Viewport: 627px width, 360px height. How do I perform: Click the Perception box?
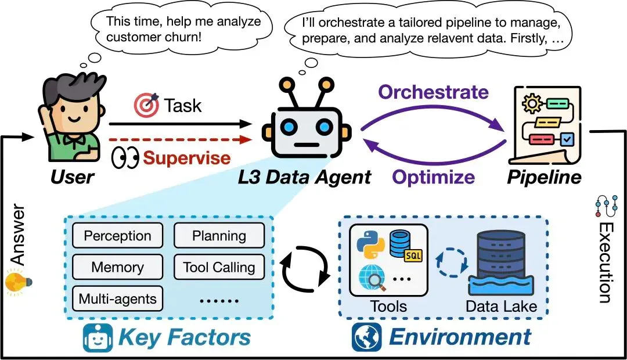pos(117,236)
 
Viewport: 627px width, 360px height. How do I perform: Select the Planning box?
pos(219,236)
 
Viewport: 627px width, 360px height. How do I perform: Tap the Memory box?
pos(117,267)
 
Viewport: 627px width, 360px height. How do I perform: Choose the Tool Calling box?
pos(219,267)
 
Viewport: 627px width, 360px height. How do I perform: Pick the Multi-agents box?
pos(117,298)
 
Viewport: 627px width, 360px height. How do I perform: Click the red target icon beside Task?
pos(146,105)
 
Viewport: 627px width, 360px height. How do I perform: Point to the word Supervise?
pos(187,157)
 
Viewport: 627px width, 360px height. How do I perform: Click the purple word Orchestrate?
pos(434,92)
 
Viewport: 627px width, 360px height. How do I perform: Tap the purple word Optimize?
pos(434,177)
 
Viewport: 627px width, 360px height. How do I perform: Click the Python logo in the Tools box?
pos(370,244)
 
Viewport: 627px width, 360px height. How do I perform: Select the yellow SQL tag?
pos(413,255)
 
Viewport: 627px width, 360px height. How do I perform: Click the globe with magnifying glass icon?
pos(373,278)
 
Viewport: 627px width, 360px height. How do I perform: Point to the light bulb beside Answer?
pos(17,282)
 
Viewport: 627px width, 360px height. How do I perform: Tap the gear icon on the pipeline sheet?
pos(532,104)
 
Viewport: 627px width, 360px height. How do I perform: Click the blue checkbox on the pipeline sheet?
pos(567,139)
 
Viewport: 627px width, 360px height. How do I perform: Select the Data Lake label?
pos(501,307)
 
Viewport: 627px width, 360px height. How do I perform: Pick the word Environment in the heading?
pos(460,337)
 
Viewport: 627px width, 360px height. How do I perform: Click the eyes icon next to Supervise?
pos(125,158)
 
